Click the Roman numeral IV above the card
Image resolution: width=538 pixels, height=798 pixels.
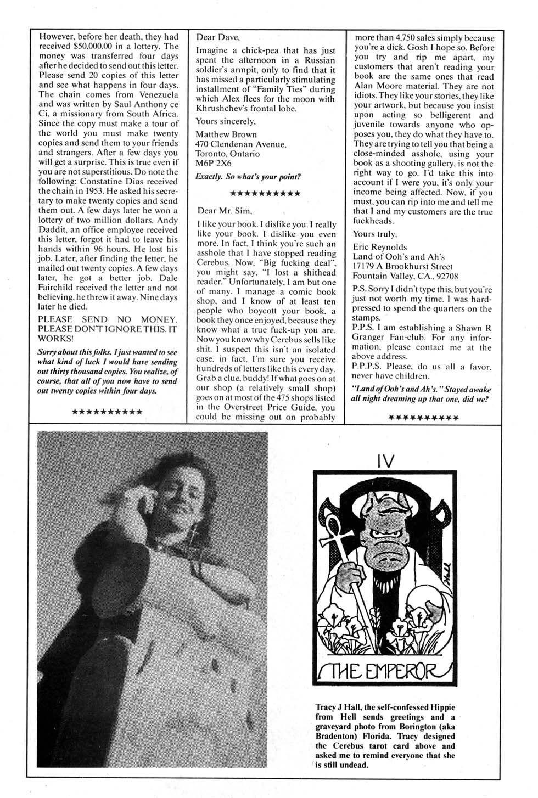tap(385, 462)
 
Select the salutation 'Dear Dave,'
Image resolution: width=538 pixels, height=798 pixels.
tap(218, 38)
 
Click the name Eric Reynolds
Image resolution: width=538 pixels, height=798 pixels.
tap(380, 247)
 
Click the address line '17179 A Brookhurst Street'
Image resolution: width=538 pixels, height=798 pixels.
tap(402, 267)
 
